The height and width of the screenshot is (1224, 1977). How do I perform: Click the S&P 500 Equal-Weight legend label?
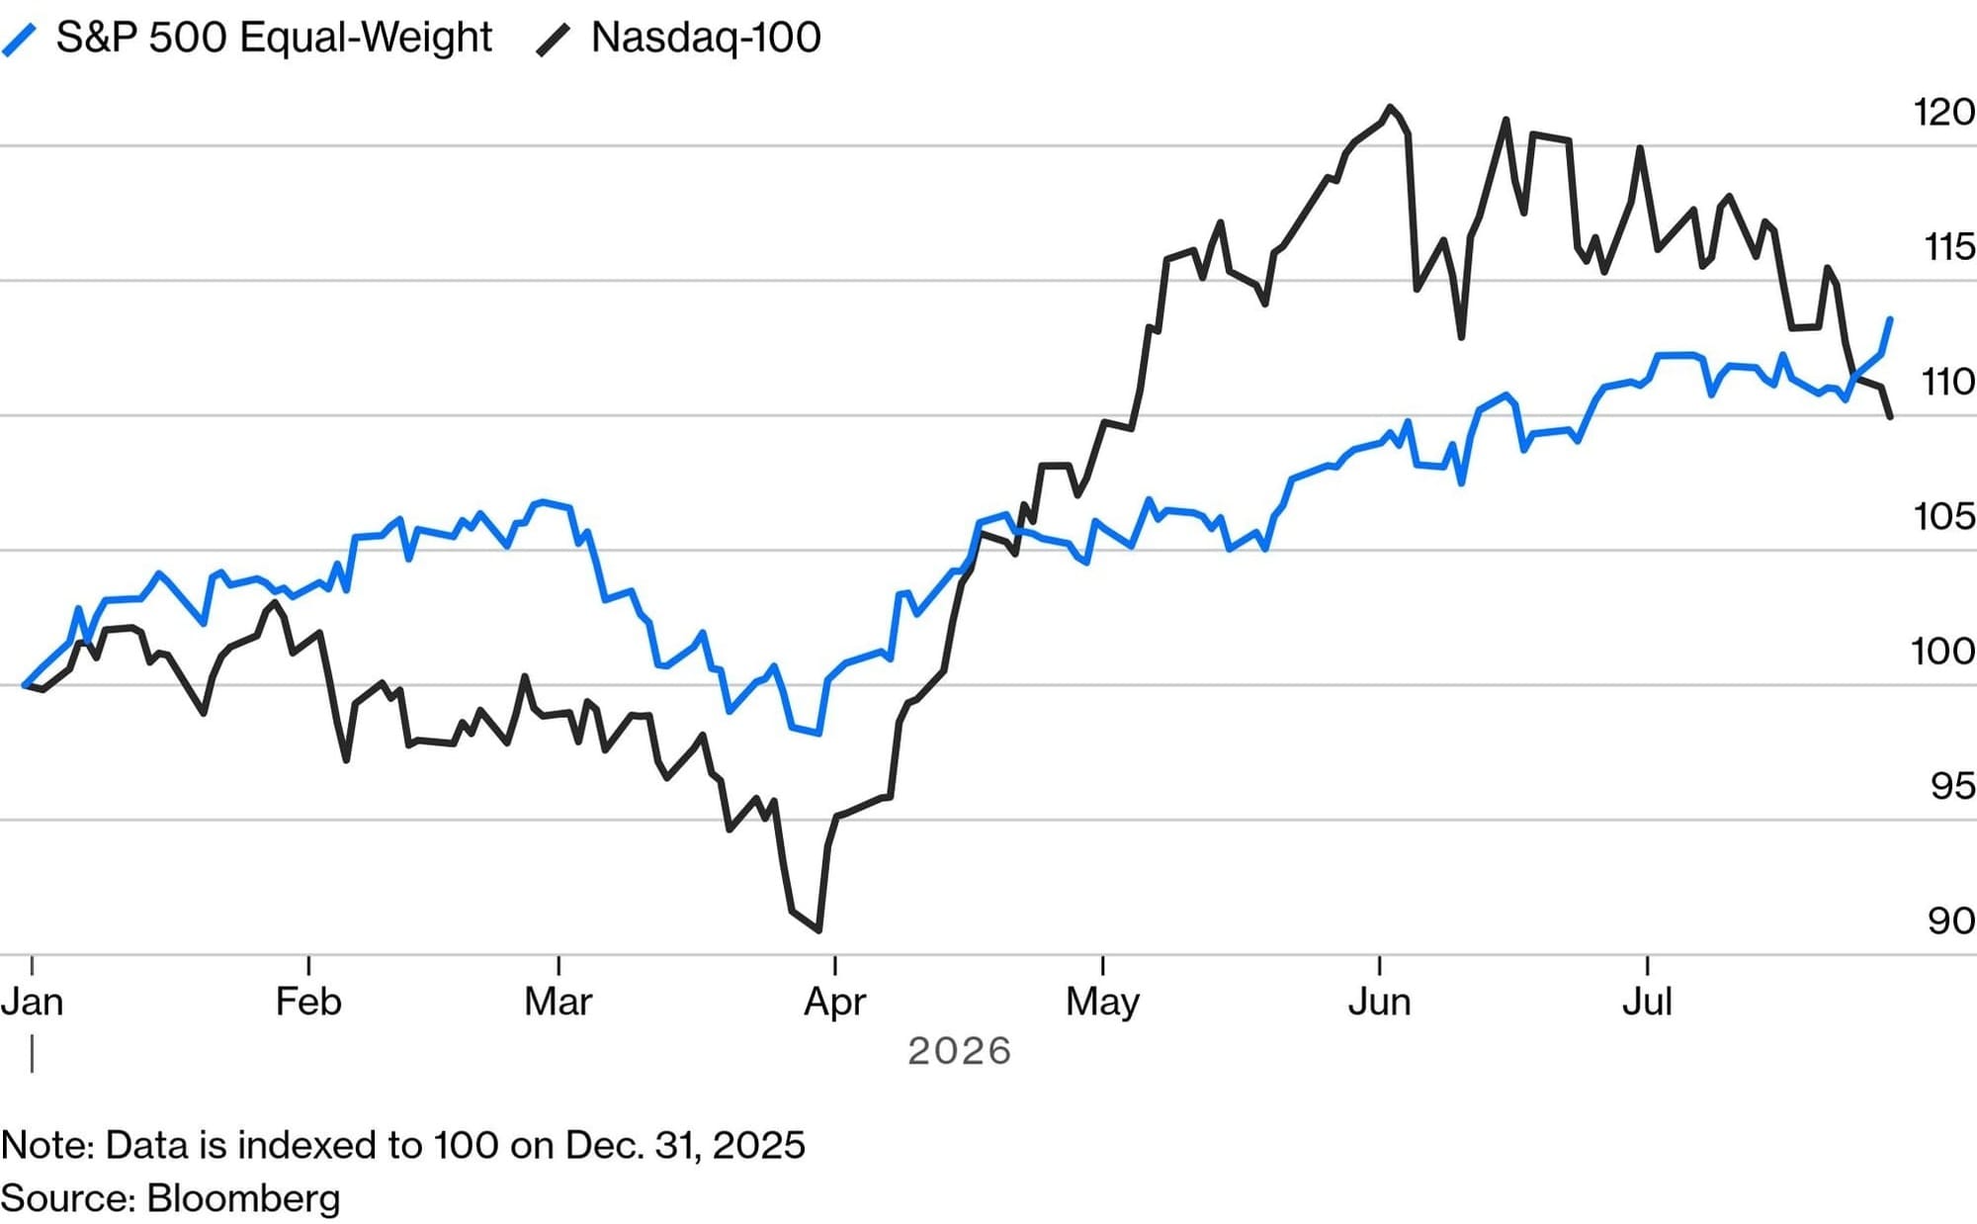(274, 38)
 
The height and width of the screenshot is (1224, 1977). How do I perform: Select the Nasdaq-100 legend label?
(706, 38)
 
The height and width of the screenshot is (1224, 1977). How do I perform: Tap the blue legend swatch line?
(20, 41)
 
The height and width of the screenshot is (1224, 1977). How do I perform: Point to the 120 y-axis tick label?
(1943, 112)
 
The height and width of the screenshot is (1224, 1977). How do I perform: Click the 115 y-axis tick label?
(1948, 246)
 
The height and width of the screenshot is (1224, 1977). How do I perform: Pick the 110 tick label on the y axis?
(1947, 382)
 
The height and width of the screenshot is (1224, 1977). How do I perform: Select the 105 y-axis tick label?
(1943, 516)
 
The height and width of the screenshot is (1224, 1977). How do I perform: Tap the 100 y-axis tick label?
(1942, 651)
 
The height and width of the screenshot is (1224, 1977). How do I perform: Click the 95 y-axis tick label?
(1952, 786)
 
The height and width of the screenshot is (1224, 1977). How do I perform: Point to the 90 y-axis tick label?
(1951, 920)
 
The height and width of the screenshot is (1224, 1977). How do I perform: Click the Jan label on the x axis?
(32, 1002)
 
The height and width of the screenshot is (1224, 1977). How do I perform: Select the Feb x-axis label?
(308, 1002)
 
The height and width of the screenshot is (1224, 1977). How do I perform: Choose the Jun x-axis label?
(1379, 1002)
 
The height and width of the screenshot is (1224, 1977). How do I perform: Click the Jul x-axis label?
(1647, 1002)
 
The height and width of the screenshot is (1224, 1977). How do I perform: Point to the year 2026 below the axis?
(959, 1051)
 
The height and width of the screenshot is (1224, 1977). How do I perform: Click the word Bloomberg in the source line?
(243, 1198)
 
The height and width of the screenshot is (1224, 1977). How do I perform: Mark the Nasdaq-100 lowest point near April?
(819, 930)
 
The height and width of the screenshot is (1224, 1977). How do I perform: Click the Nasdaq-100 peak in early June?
(1391, 107)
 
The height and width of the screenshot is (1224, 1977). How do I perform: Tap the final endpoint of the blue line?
(1890, 318)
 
